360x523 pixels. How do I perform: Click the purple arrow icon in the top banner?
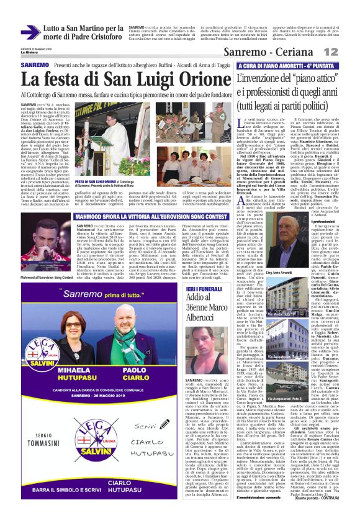pyautogui.click(x=30, y=32)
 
